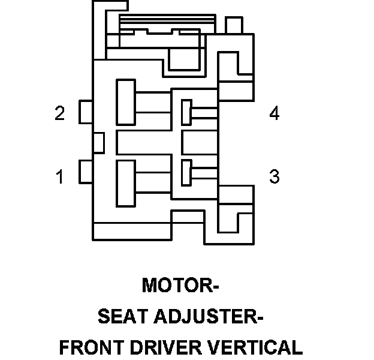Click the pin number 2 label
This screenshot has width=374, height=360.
[59, 113]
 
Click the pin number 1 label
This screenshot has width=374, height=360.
[59, 177]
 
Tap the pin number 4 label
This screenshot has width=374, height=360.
[274, 113]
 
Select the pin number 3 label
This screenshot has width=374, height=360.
[274, 177]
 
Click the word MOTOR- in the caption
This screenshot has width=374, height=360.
[180, 286]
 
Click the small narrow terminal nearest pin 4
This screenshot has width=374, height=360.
[186, 112]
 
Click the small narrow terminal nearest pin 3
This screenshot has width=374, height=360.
[186, 172]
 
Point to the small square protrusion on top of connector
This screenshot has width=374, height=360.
[233, 25]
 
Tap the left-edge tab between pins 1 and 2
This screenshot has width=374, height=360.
[99, 142]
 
